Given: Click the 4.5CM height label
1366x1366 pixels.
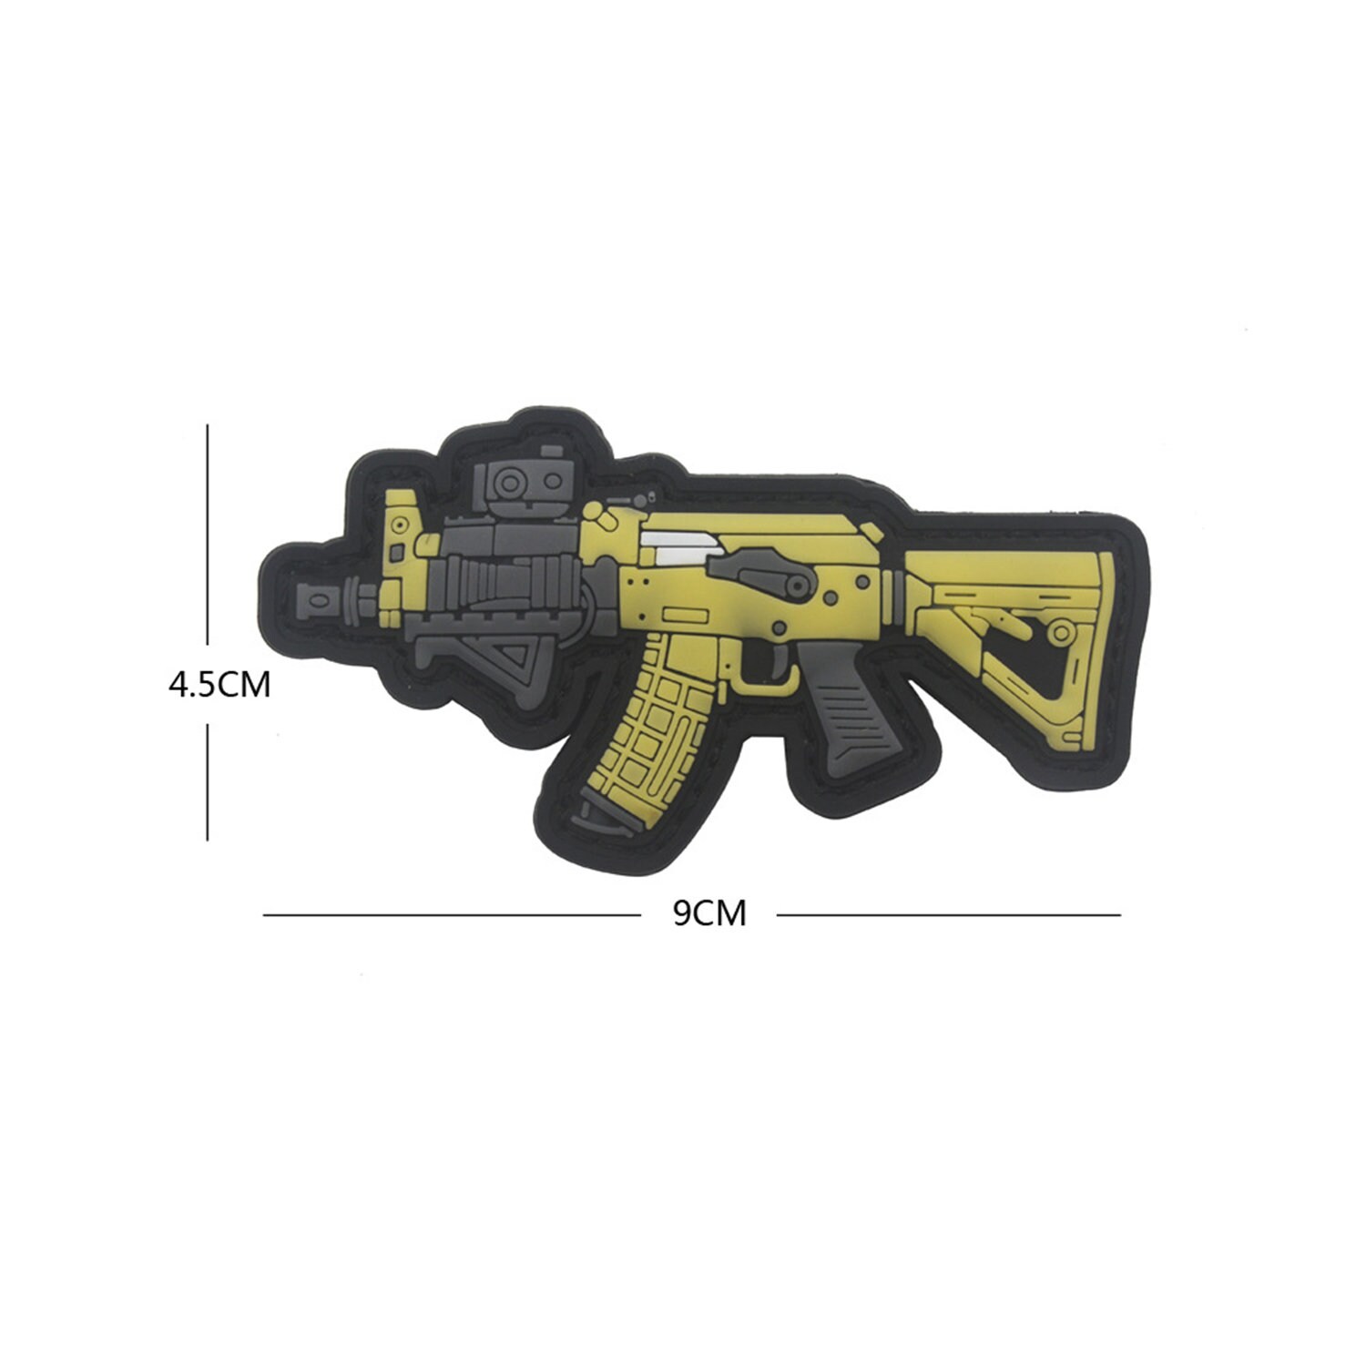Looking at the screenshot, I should tap(219, 684).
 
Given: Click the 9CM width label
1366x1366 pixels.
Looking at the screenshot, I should tap(709, 912).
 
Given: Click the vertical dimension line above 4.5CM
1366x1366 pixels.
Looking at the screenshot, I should tap(208, 537).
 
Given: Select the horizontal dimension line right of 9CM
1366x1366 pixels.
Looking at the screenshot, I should tap(947, 914).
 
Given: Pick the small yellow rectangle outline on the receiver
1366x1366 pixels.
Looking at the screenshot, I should tap(678, 613).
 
